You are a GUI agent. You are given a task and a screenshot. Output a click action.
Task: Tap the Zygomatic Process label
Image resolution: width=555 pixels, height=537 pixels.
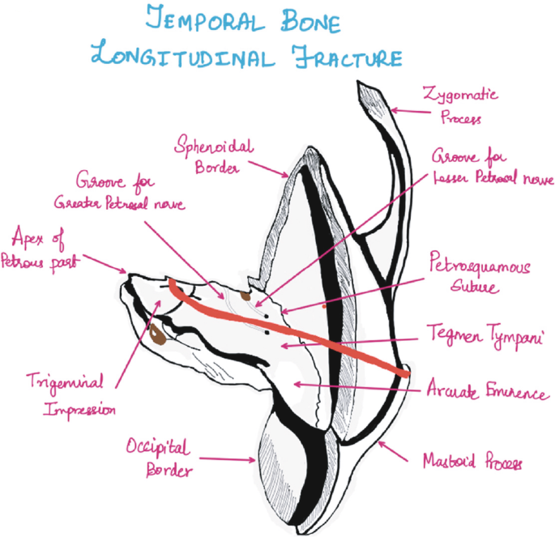click(461, 106)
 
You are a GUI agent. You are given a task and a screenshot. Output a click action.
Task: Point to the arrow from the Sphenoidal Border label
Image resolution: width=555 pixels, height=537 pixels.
click(268, 168)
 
